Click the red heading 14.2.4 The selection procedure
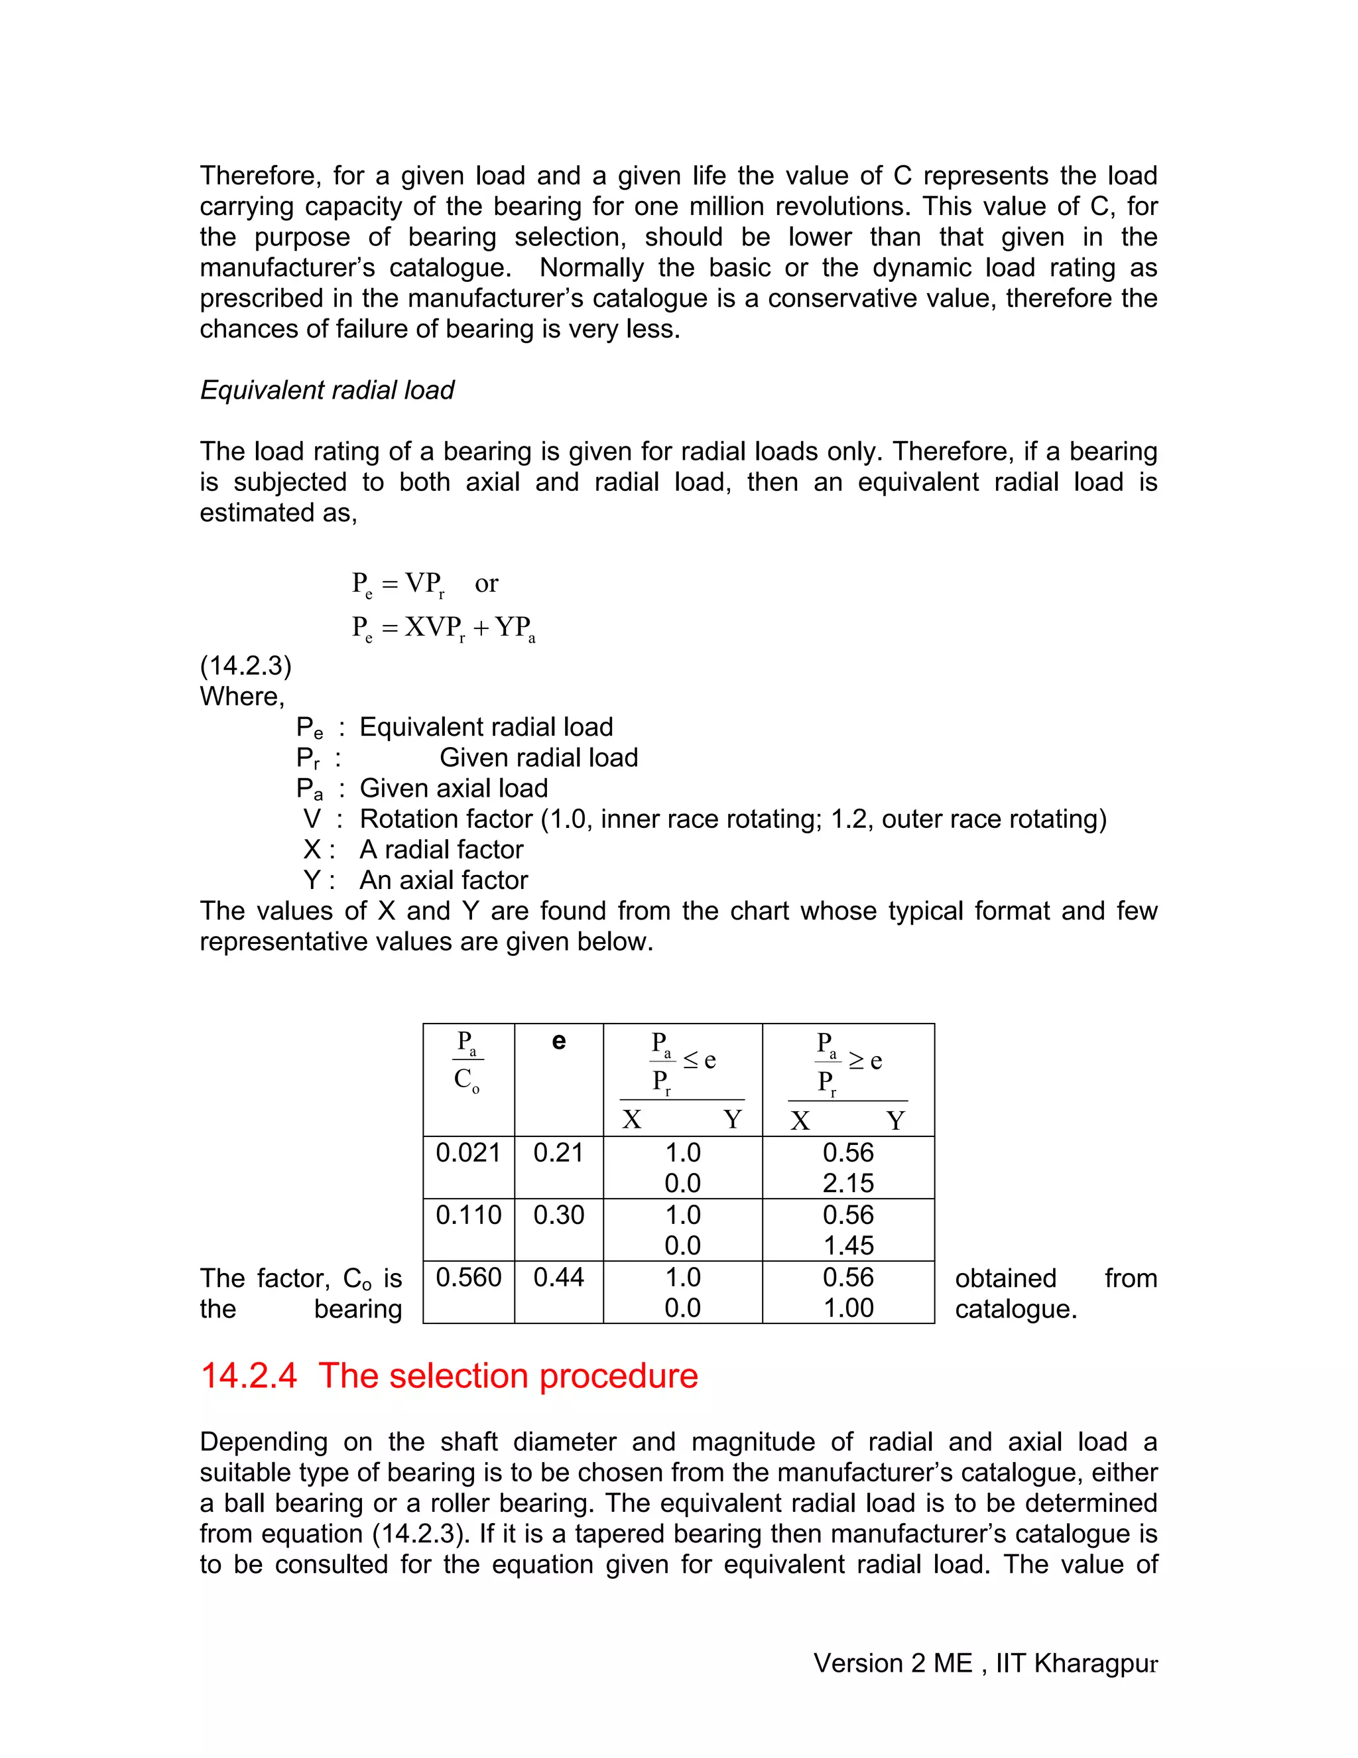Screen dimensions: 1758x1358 pyautogui.click(x=449, y=1376)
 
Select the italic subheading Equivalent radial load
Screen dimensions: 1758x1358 pyautogui.click(x=327, y=390)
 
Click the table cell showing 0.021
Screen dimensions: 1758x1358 pyautogui.click(x=468, y=1153)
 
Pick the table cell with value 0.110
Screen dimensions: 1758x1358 pyautogui.click(x=468, y=1215)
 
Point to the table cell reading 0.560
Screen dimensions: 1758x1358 pyautogui.click(x=468, y=1278)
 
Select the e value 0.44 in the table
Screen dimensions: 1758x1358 pyautogui.click(x=558, y=1278)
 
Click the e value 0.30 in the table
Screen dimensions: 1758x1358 pyautogui.click(x=558, y=1215)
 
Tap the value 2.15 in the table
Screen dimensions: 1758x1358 pyautogui.click(x=848, y=1183)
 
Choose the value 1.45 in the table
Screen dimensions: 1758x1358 pyautogui.click(x=848, y=1245)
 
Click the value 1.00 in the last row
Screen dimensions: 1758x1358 pyautogui.click(x=848, y=1308)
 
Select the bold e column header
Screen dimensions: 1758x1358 pyautogui.click(x=558, y=1042)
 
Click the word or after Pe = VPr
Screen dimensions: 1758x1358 pyautogui.click(x=486, y=584)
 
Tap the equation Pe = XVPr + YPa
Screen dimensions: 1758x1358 pyautogui.click(x=444, y=627)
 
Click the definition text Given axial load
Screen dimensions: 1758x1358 pyautogui.click(x=453, y=788)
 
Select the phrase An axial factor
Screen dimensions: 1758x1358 pyautogui.click(x=444, y=880)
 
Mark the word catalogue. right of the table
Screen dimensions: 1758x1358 pyautogui.click(x=1015, y=1309)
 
